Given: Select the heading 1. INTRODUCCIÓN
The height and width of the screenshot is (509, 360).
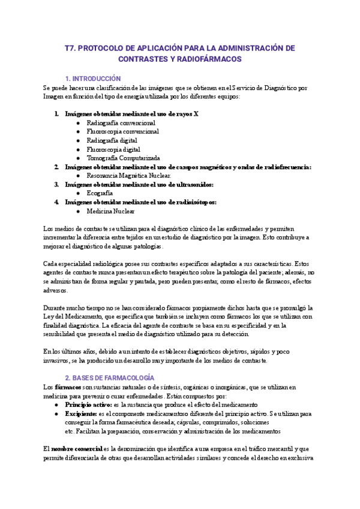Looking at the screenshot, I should click(x=93, y=79).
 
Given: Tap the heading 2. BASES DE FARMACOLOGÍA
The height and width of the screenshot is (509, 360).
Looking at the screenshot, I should click(x=109, y=378).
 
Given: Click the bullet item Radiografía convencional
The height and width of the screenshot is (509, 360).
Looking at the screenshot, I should click(x=121, y=122).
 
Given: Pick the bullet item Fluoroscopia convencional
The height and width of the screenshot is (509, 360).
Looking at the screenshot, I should click(x=122, y=131).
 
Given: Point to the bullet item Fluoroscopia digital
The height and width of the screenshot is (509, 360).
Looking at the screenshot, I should click(x=113, y=149).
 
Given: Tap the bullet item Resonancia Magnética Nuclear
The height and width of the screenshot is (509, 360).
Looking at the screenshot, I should click(x=128, y=176).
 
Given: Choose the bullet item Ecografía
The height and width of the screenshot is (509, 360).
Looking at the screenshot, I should click(x=100, y=193).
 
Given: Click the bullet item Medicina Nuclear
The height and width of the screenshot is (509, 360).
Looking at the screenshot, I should click(x=110, y=211).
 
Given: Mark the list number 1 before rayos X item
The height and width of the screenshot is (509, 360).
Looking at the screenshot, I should click(x=56, y=113).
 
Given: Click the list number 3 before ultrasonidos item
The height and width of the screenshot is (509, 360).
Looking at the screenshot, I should click(x=56, y=185).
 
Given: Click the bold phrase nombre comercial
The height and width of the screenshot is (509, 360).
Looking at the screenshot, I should click(x=77, y=449).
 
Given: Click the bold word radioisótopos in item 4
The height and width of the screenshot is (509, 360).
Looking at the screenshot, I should click(x=194, y=202).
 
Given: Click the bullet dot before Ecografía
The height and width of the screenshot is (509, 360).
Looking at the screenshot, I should click(x=79, y=194).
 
